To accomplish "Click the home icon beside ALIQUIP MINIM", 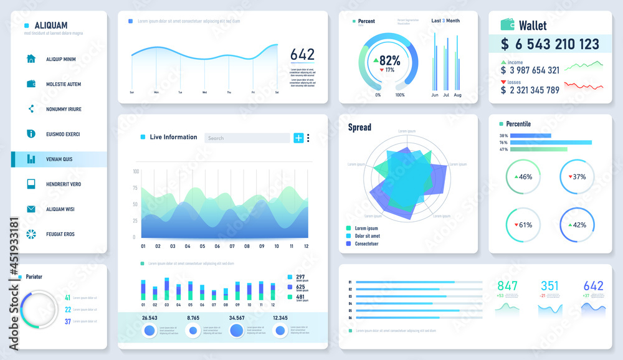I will coord(31,59).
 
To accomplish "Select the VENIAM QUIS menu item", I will coord(59,159).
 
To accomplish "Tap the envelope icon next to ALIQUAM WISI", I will coord(31,209).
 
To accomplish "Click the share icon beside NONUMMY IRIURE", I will coord(31,109).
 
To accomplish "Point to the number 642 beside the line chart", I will coord(302,55).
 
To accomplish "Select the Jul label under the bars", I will coord(446,95).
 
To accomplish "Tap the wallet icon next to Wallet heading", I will coord(508,25).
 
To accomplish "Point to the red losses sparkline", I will coord(584,86).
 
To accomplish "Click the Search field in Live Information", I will coord(247,138).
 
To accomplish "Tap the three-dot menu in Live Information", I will coord(308,138).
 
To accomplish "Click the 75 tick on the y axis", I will coord(135,187).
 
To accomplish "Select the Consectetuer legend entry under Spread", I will coord(371,244).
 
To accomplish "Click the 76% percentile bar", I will coord(551,143).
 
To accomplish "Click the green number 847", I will coord(507,286).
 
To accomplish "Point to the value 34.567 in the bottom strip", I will coord(236,318).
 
